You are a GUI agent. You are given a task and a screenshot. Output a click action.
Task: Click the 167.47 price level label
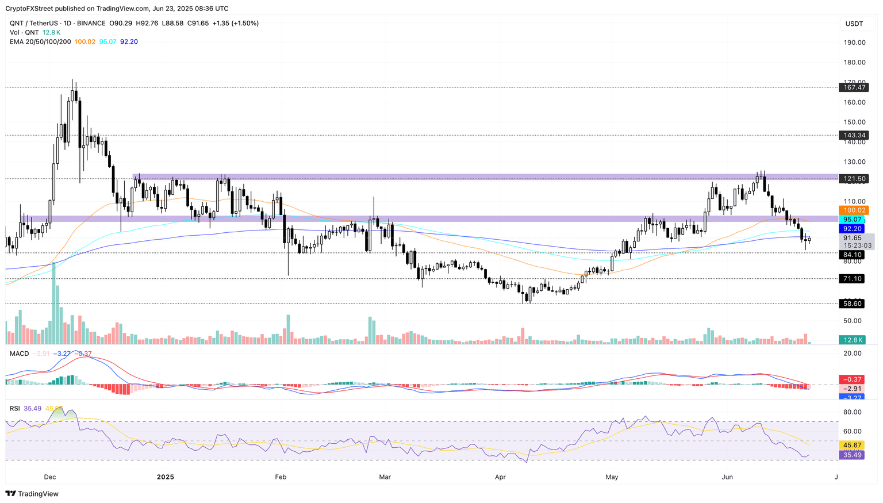tap(853, 87)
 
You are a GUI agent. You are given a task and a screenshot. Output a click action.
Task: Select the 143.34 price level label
tap(853, 135)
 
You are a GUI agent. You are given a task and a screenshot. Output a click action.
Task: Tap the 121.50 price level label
tap(853, 179)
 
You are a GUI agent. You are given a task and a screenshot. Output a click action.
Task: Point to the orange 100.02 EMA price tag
tap(853, 210)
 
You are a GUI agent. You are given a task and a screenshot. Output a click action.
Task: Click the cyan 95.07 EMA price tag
tap(852, 220)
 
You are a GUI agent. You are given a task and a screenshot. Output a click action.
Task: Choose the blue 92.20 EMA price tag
tap(852, 229)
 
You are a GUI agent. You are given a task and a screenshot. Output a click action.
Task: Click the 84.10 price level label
tap(852, 255)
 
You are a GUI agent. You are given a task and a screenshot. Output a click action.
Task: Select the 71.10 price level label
tap(852, 279)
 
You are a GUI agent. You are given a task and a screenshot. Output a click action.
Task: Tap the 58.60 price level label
tap(852, 304)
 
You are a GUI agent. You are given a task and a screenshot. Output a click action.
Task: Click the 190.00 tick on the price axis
tap(854, 43)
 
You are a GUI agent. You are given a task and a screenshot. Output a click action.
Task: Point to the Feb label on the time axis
tap(280, 477)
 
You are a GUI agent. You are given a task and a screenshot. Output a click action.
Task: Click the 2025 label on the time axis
tap(165, 477)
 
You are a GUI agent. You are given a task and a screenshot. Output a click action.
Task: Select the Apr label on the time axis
tap(500, 477)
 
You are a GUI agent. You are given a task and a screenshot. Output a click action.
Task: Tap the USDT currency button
tap(854, 24)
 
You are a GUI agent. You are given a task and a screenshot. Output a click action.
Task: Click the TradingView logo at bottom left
tap(32, 494)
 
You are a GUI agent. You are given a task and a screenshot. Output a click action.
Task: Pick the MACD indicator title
tap(19, 354)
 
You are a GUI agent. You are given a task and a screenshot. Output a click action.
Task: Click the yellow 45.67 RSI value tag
tap(852, 446)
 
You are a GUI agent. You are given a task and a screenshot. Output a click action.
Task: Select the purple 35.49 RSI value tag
tap(852, 455)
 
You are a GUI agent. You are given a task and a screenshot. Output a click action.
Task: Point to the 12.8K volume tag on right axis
tap(852, 340)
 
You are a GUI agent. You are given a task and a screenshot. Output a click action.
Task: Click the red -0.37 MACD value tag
tap(852, 379)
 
